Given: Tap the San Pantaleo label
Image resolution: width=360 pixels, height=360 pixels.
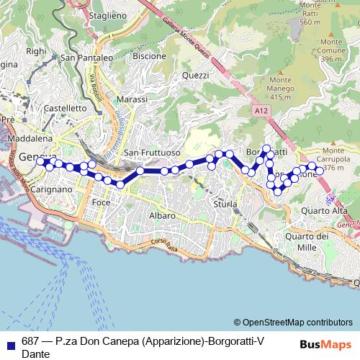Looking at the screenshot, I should click(87, 58).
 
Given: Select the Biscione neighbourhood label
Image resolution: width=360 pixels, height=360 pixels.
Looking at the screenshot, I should click(150, 55).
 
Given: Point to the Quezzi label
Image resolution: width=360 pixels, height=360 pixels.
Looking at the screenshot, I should click(195, 75).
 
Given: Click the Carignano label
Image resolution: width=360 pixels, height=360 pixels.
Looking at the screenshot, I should click(53, 189).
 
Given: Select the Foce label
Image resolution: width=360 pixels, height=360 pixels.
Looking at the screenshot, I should click(101, 203).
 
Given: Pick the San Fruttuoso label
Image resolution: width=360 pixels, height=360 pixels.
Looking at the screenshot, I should click(150, 153).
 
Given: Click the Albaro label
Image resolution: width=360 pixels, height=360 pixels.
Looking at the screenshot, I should click(161, 215).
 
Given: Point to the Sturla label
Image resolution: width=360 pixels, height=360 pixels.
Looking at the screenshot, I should click(225, 204).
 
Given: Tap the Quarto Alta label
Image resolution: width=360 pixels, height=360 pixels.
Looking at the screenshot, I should click(325, 210).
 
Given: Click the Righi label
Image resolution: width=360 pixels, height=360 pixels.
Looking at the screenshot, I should click(35, 51).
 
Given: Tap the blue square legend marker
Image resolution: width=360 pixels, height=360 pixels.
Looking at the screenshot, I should click(9, 342).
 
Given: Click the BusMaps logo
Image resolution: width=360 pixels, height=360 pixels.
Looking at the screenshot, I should click(325, 344).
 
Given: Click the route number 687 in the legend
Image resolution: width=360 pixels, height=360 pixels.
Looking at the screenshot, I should click(30, 342).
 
